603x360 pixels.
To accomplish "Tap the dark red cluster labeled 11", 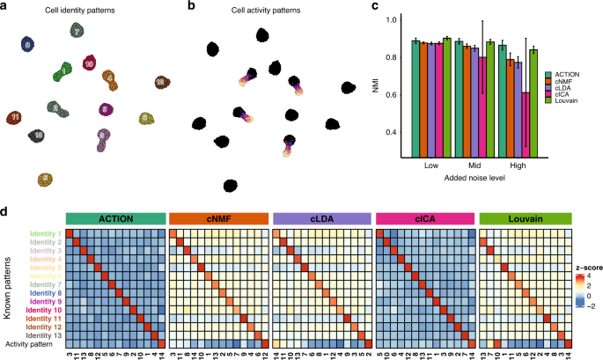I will [x=16, y=116].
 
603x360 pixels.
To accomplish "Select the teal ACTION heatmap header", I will [x=115, y=218].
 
